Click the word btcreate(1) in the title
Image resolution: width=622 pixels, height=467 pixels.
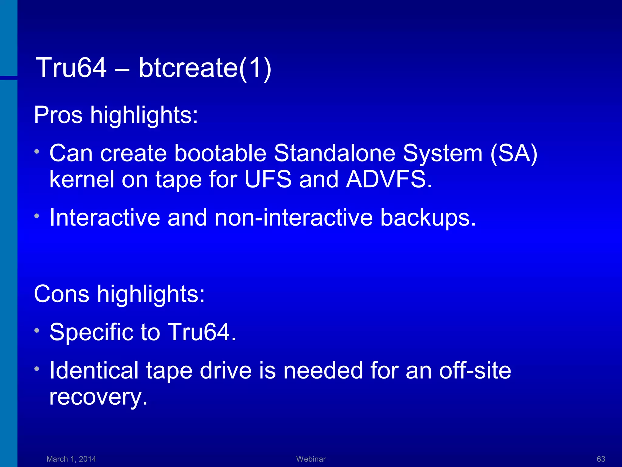205,68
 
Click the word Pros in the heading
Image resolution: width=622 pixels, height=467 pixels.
58,116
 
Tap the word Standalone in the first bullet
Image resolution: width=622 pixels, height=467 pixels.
334,153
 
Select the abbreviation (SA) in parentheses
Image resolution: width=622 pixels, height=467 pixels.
514,154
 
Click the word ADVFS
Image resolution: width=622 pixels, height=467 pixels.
389,180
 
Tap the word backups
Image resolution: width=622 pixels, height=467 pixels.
428,218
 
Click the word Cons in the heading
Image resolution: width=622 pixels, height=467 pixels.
62,294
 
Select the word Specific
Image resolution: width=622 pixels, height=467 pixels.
91,332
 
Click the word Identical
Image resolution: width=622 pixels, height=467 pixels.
94,371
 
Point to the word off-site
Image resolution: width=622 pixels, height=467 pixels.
475,371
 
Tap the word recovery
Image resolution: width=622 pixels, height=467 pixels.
98,397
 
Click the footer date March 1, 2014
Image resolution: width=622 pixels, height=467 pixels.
71,459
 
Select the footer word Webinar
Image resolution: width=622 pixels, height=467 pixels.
311,459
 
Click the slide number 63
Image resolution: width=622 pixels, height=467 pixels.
601,459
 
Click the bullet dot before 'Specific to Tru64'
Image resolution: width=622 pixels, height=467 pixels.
37,330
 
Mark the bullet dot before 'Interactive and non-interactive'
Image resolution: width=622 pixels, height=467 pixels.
37,216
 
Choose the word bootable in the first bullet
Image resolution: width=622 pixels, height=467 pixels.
220,153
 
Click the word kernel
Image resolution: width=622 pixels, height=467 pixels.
82,180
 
